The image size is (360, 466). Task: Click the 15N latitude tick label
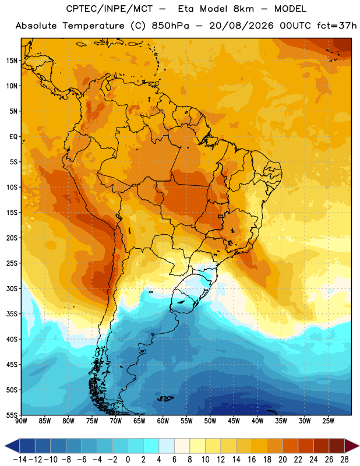[12, 61]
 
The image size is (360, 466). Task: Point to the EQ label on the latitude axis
[13, 137]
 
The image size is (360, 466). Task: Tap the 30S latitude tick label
[12, 288]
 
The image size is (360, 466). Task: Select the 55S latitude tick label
[12, 415]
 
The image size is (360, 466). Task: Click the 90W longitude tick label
[21, 421]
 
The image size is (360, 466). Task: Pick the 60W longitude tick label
[163, 421]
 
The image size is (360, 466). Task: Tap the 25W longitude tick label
[328, 421]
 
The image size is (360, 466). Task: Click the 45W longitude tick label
[234, 421]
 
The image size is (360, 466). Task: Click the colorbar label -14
[20, 460]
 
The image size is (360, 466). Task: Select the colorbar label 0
[128, 460]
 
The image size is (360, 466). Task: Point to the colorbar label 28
[344, 460]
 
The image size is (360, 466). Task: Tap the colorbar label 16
[252, 460]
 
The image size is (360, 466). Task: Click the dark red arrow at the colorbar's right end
[352, 446]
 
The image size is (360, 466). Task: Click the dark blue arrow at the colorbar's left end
[12, 446]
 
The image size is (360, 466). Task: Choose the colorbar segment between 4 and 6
[167, 446]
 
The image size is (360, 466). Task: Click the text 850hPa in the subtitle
[170, 26]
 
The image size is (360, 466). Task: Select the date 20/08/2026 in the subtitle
[241, 26]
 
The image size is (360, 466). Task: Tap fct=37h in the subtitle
[337, 26]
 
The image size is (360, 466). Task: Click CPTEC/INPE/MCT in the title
[110, 9]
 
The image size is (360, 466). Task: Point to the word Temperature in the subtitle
[93, 26]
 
